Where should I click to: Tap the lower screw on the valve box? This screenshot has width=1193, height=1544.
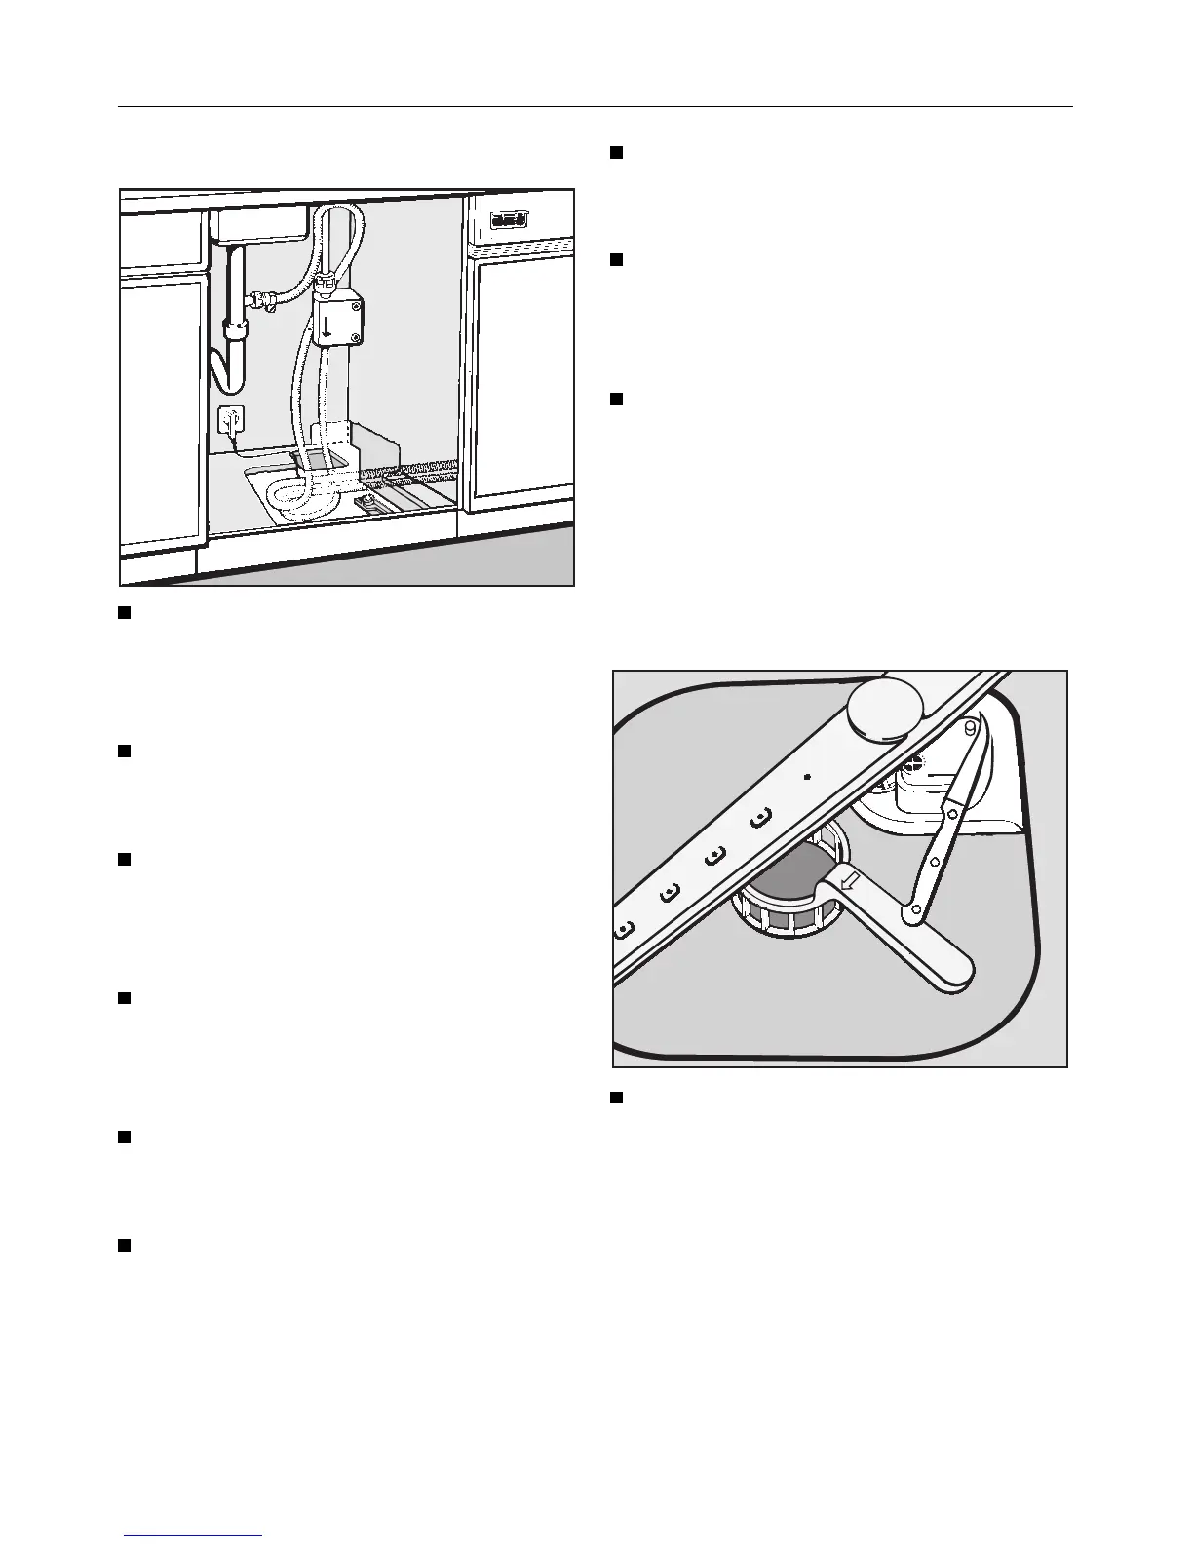coord(357,338)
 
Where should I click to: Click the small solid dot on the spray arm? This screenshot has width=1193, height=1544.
coord(808,777)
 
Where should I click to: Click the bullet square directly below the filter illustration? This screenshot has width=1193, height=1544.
coord(616,1098)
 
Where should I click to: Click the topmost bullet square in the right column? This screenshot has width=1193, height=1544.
coord(616,152)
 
